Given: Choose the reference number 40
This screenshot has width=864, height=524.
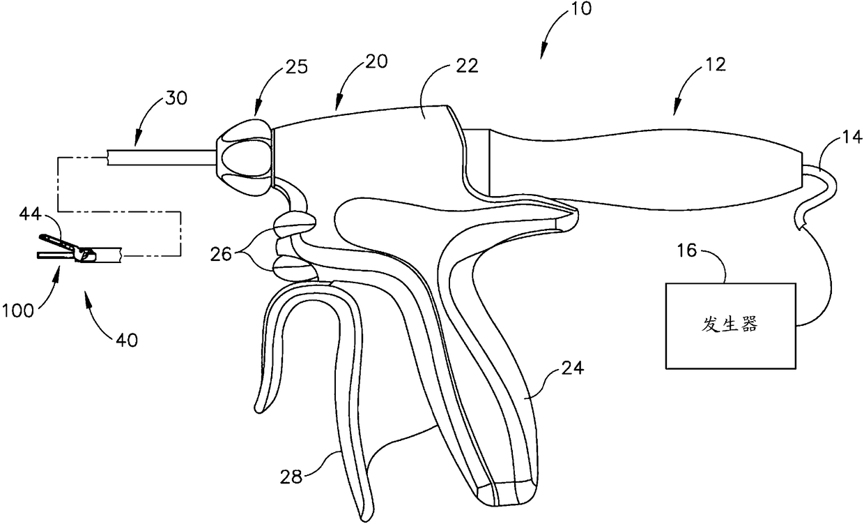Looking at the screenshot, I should [128, 340].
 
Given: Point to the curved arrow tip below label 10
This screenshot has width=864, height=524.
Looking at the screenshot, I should [542, 53].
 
